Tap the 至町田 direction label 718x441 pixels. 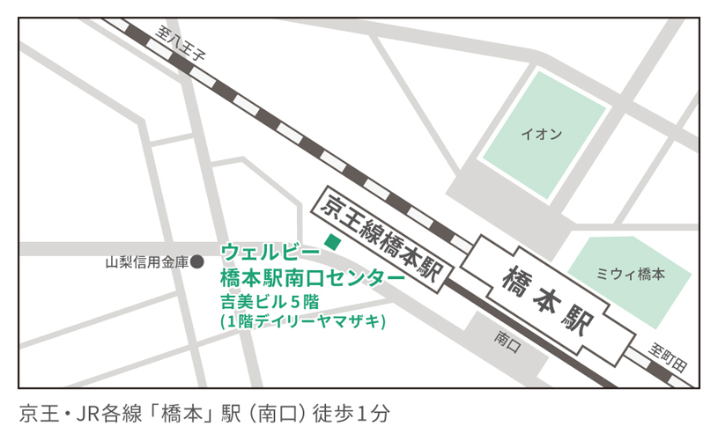670,352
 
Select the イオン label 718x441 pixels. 541,135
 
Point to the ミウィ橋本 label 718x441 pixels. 630,274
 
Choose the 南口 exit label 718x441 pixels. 508,337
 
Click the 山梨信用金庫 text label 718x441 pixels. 146,261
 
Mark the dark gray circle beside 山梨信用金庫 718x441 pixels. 197,261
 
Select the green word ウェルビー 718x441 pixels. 263,250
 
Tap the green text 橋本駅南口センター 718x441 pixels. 312,277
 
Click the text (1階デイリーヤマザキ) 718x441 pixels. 303,322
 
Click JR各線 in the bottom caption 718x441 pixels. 105,412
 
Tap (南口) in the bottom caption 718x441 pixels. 287,412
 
